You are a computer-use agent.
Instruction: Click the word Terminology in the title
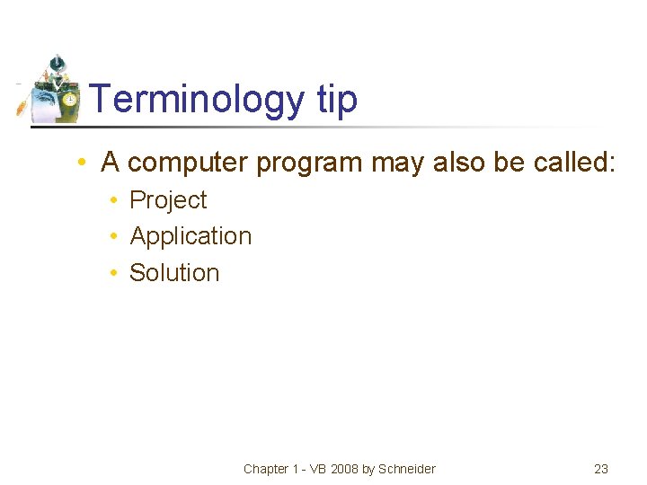198,99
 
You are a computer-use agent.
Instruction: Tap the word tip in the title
337,99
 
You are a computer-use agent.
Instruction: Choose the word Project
168,200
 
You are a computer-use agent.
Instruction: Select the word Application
191,236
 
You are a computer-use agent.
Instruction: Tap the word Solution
174,272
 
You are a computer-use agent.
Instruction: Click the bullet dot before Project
115,200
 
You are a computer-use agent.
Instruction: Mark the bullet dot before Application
115,236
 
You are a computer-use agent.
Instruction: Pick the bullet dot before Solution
115,272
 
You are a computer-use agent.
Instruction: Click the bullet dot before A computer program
82,163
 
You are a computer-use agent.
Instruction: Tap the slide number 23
601,469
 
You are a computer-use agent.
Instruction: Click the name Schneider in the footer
407,469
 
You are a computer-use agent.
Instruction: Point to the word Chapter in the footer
266,469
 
